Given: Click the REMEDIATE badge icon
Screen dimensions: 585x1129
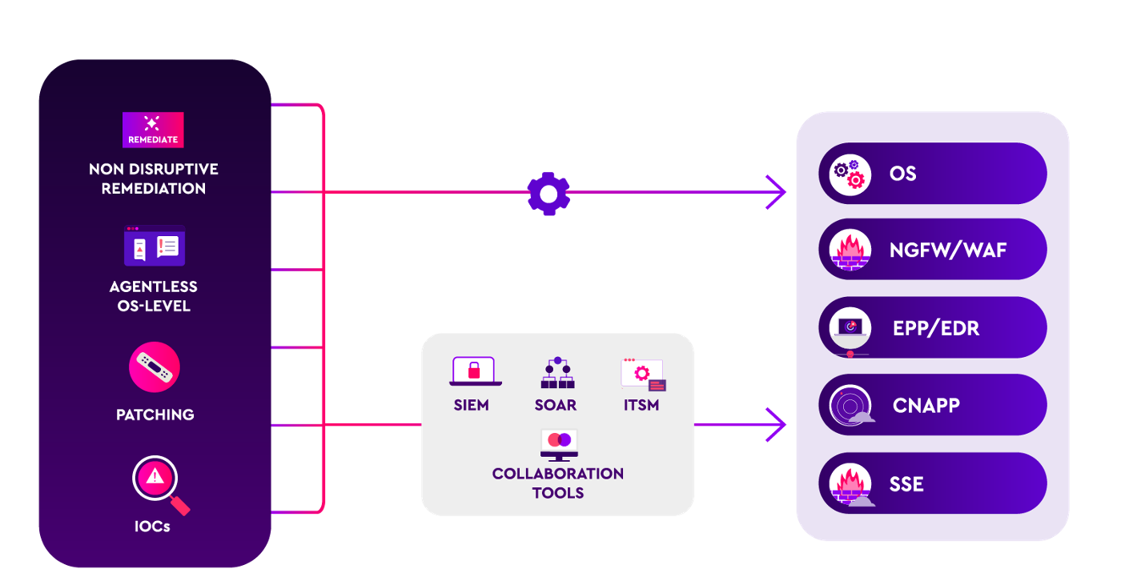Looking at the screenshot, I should (x=153, y=130).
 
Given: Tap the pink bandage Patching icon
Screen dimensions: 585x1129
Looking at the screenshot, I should (x=155, y=367).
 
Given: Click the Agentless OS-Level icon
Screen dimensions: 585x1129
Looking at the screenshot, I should (x=155, y=246).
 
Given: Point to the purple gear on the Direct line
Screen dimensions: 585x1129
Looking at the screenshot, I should (x=548, y=194).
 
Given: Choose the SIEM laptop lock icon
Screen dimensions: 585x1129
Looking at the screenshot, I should (x=476, y=371).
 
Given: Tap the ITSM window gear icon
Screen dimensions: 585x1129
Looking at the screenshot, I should (x=643, y=374).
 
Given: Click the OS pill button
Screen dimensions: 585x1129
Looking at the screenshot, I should (x=933, y=174).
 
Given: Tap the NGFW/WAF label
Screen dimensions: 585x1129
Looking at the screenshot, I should (x=947, y=250).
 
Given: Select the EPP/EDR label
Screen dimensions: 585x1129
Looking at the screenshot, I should (x=935, y=328).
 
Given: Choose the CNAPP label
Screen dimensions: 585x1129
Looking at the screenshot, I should (x=926, y=406).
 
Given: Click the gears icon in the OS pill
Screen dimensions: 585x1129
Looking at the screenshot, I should (x=849, y=174).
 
